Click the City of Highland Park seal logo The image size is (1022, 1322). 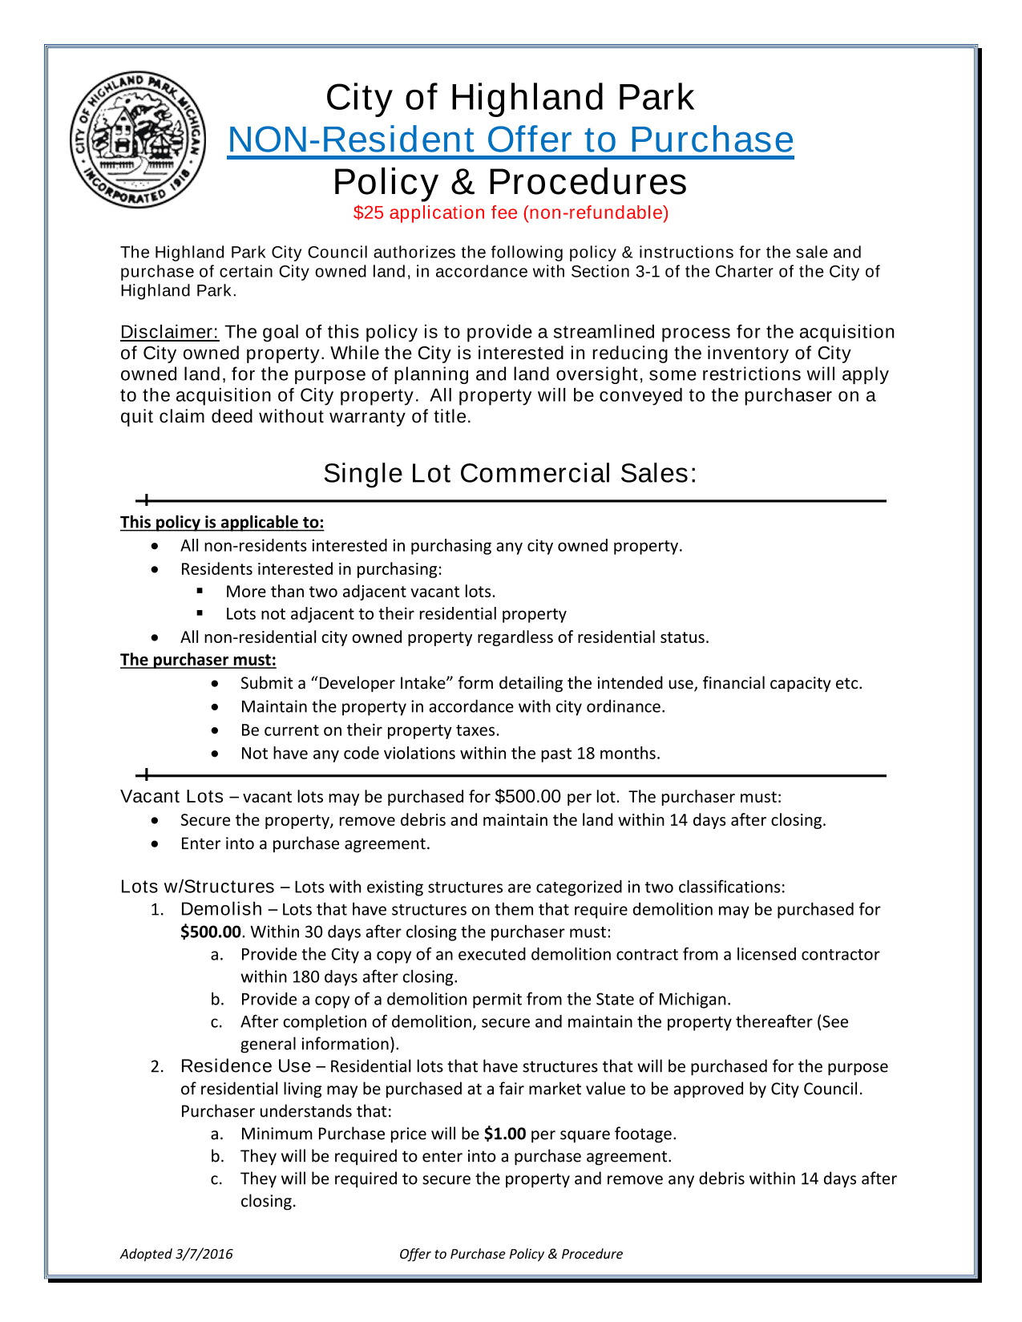click(x=137, y=140)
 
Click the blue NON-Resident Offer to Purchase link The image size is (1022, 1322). click(x=511, y=139)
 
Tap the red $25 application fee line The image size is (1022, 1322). click(x=511, y=212)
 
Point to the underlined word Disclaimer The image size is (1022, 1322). click(x=169, y=332)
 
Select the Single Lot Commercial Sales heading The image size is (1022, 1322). click(x=510, y=473)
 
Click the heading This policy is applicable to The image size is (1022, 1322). click(x=222, y=522)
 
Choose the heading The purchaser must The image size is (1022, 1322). click(x=198, y=659)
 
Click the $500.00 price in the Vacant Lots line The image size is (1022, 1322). click(x=528, y=796)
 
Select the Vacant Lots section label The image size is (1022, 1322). click(x=172, y=796)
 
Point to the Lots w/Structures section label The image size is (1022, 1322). click(x=197, y=887)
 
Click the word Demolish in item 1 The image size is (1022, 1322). click(x=221, y=909)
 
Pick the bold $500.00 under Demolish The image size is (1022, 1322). click(x=210, y=932)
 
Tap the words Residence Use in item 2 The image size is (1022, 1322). click(x=245, y=1066)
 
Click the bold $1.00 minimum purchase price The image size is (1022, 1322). click(x=505, y=1134)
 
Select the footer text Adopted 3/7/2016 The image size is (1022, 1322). click(x=176, y=1254)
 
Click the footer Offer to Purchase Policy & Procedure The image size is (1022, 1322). click(x=511, y=1254)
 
